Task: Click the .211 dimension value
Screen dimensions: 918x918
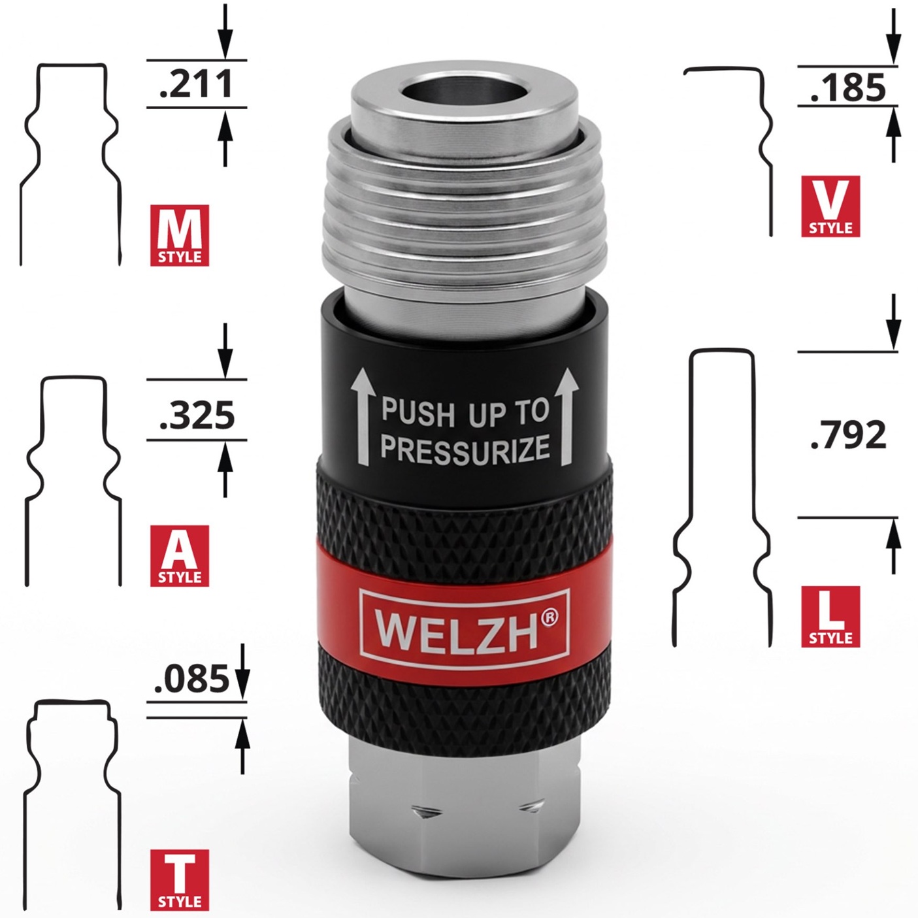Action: pos(196,84)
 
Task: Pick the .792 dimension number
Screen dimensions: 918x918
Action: pos(848,434)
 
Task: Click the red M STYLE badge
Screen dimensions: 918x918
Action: pos(180,235)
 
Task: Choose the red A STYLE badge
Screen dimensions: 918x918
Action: pos(180,555)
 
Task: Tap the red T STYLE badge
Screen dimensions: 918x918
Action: pos(180,880)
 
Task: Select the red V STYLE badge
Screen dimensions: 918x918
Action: pos(830,206)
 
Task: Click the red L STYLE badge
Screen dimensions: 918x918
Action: pos(830,616)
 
